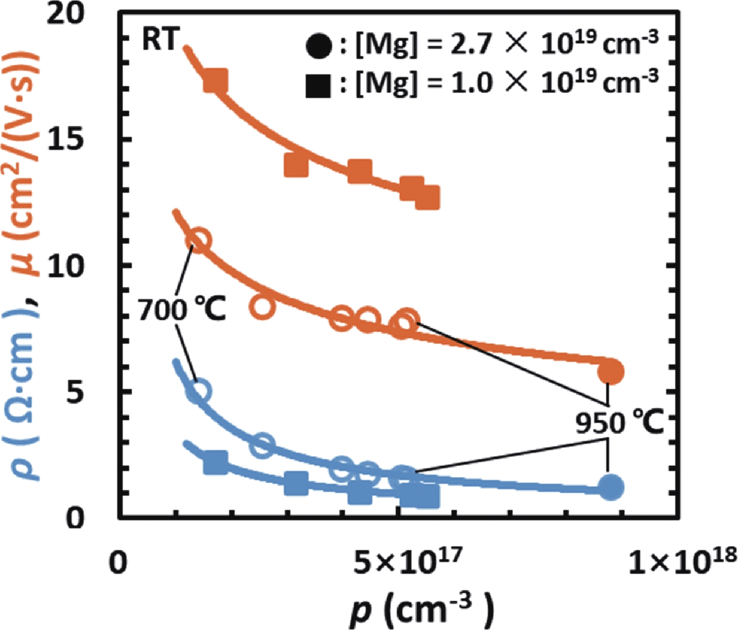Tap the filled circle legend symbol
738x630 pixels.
(x=320, y=45)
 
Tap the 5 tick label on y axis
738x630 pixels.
(x=74, y=392)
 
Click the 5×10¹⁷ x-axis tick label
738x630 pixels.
(x=406, y=561)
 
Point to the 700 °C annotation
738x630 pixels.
(x=182, y=309)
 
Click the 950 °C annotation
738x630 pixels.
(x=619, y=423)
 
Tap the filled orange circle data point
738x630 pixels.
(x=611, y=371)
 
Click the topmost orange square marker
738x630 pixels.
(x=216, y=82)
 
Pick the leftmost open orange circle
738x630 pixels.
(x=198, y=240)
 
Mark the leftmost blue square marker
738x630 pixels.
(x=216, y=462)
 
